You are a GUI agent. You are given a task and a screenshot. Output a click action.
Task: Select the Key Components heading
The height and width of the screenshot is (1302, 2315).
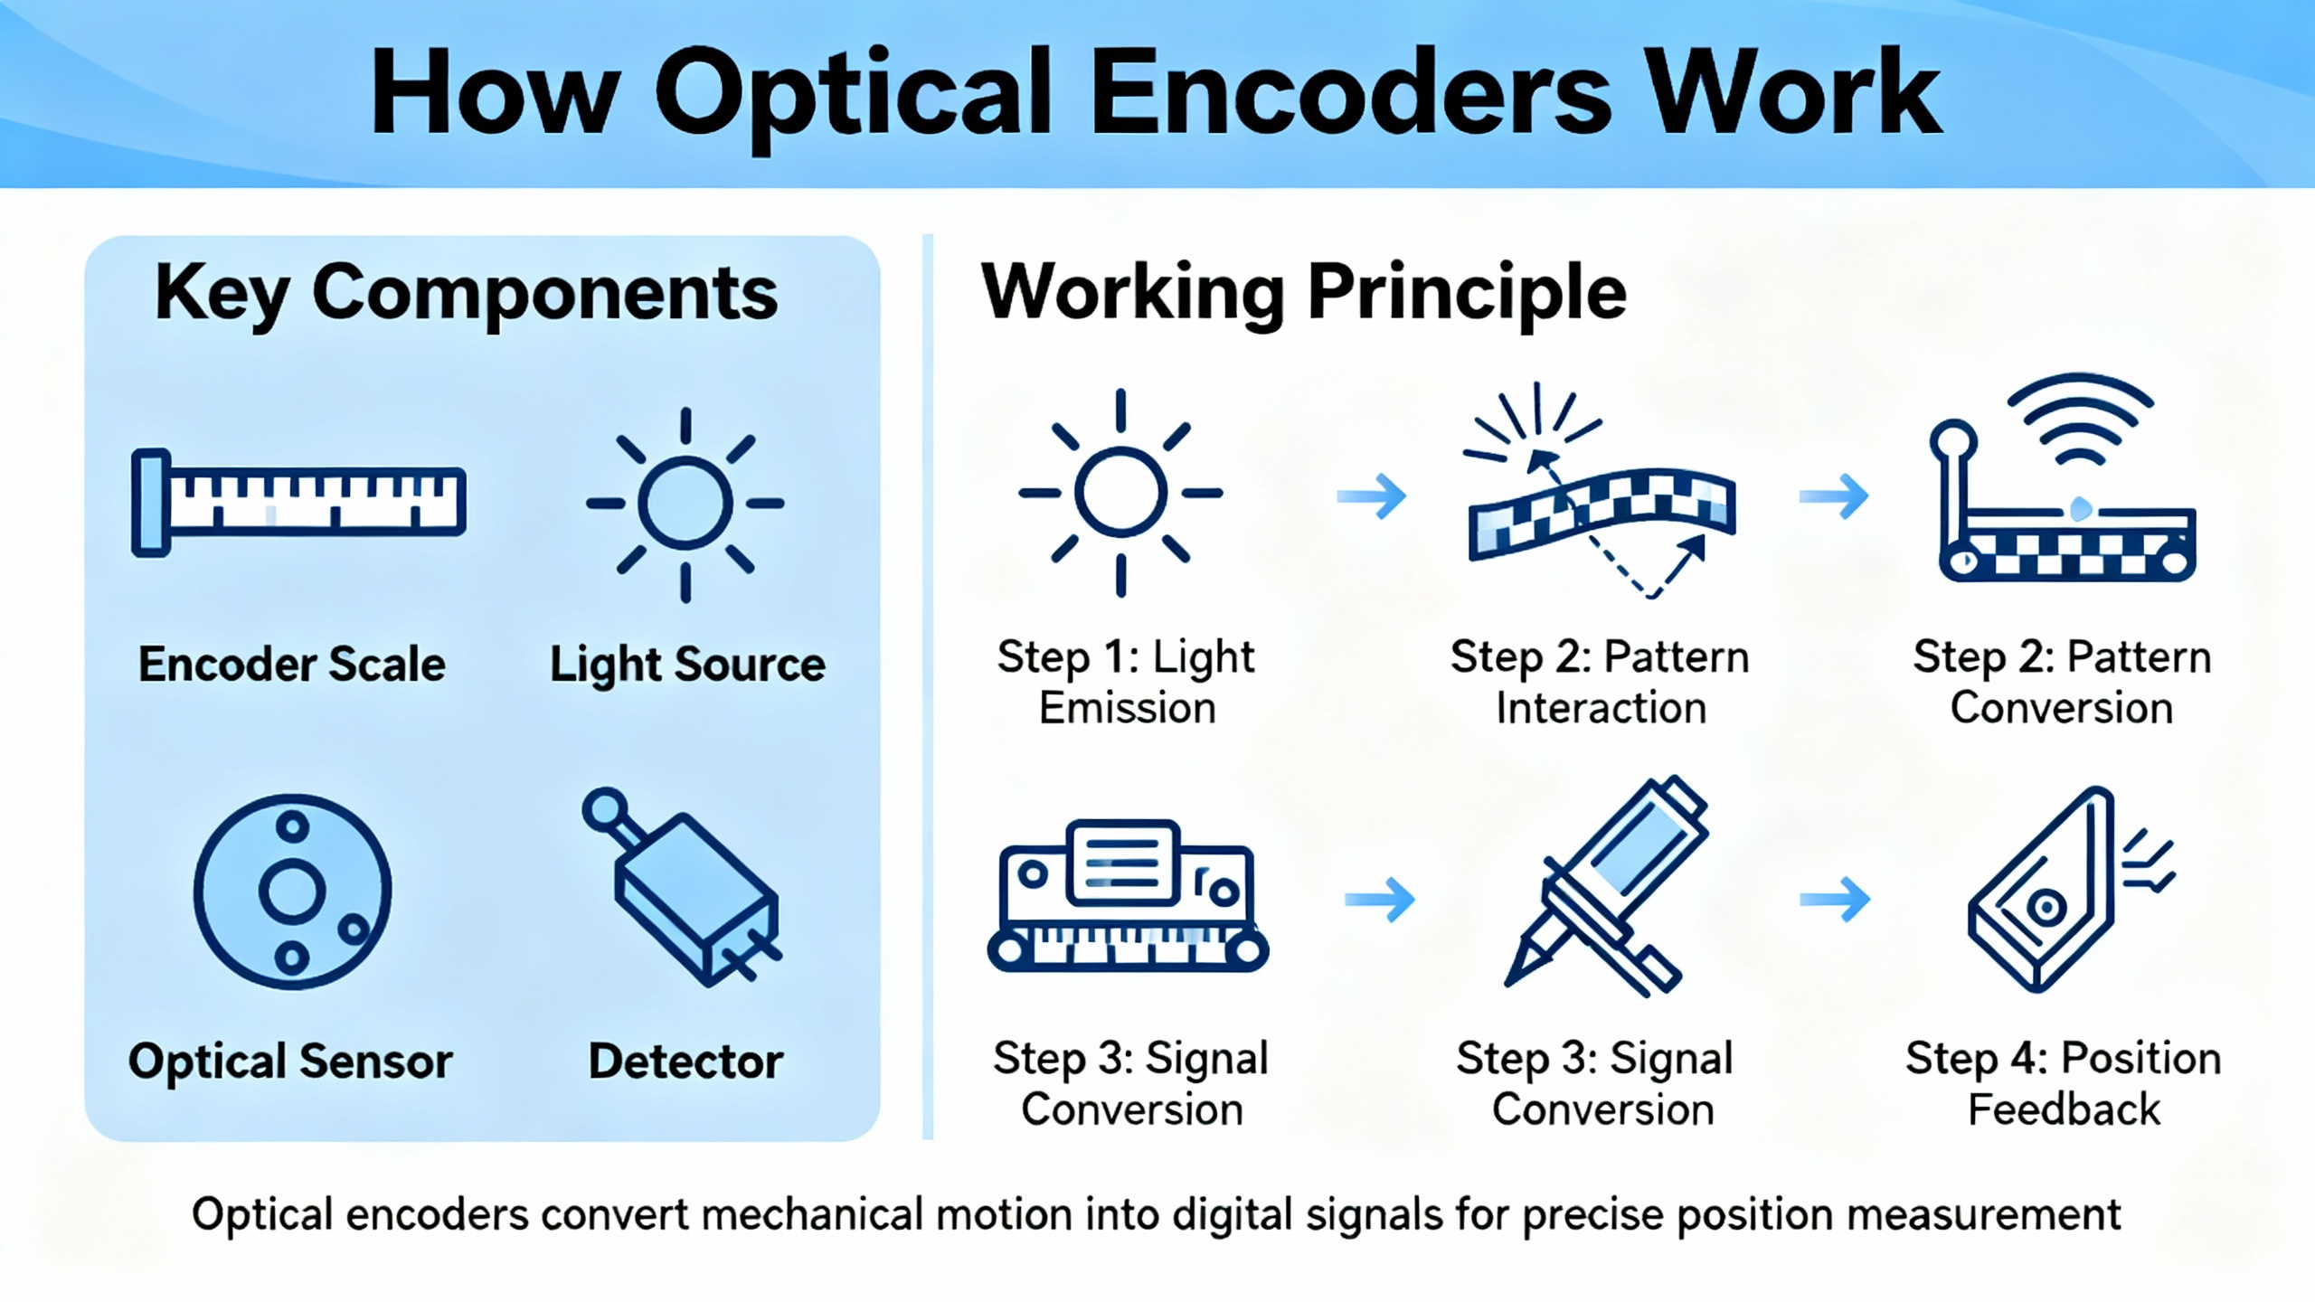click(466, 293)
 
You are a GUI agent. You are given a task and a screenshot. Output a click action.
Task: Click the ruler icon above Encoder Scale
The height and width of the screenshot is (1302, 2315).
click(298, 502)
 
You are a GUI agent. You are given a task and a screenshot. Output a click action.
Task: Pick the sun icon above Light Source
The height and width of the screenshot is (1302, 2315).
click(685, 504)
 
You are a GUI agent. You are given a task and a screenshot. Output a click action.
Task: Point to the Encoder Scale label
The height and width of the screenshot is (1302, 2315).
click(291, 665)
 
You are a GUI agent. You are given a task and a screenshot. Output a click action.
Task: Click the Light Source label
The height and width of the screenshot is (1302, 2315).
click(687, 665)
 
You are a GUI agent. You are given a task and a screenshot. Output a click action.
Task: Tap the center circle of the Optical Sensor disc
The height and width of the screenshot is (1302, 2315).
click(291, 892)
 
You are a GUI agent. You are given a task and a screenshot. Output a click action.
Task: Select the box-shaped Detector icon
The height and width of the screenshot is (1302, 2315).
click(694, 900)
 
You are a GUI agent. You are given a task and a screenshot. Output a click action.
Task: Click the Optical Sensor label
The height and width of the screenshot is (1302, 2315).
click(289, 1061)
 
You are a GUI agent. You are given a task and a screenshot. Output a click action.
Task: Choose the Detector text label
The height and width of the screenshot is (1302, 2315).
click(685, 1061)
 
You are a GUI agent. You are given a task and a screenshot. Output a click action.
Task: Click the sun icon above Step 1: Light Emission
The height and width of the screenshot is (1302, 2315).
click(1120, 493)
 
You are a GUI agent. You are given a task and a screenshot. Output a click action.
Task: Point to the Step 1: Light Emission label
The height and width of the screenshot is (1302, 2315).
click(1126, 682)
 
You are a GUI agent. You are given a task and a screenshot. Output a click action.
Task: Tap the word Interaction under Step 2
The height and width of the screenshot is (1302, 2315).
click(1601, 708)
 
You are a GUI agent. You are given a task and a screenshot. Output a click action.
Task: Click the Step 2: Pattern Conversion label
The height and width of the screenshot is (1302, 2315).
click(2062, 682)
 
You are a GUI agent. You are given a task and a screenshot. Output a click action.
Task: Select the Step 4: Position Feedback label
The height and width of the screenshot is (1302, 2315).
click(2064, 1083)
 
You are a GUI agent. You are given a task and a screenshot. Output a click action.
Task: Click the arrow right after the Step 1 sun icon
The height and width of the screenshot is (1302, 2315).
click(1372, 495)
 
